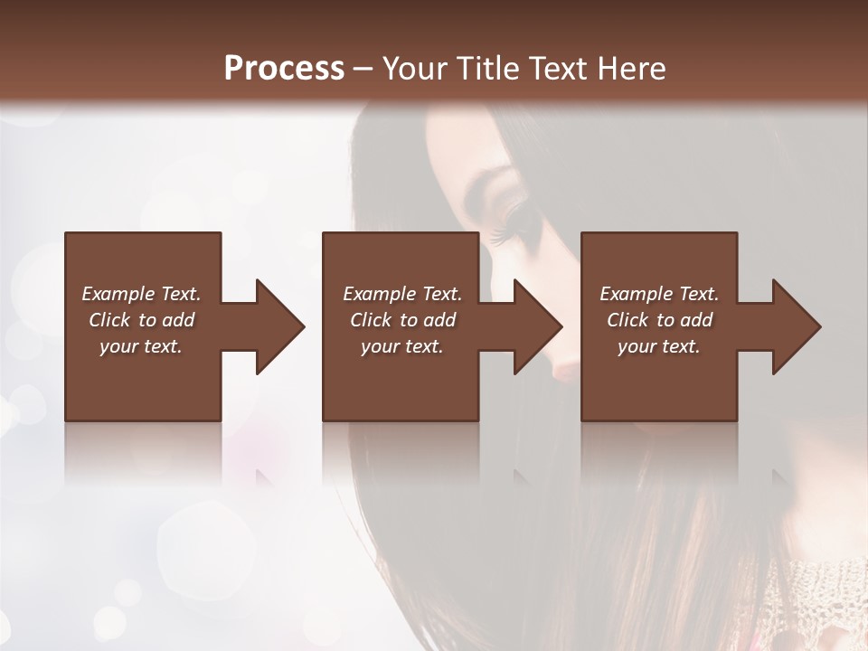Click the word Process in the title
coord(284,69)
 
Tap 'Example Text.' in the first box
coord(141,294)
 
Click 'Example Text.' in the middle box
coord(402,294)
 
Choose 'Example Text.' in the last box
coord(659,294)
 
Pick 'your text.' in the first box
coord(141,346)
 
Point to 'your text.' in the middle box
coord(402,346)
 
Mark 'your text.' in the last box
coord(659,346)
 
